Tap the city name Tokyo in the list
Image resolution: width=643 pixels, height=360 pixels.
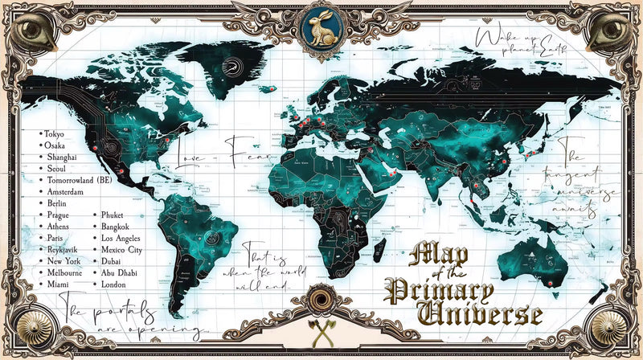click(54, 133)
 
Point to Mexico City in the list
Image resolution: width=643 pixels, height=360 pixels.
click(122, 251)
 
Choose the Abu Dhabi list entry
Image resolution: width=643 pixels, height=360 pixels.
click(119, 273)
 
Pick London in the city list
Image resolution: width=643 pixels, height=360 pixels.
click(114, 284)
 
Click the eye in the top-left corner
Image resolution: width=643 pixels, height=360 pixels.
click(31, 31)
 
